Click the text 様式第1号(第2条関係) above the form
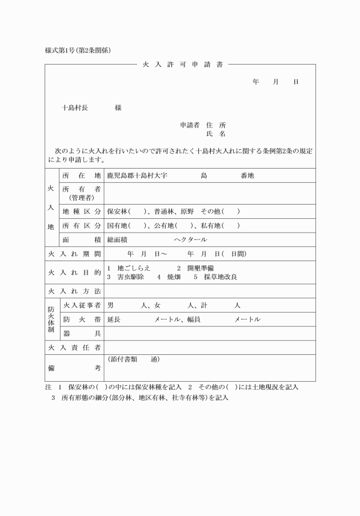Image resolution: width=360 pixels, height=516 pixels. (78, 50)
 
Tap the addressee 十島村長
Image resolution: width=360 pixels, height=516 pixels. (75, 107)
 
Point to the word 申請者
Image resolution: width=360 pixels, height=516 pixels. (190, 125)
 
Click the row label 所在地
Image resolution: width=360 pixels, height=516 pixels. (81, 175)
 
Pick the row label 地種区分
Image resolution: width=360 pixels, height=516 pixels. (81, 211)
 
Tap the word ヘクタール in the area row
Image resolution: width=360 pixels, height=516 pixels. (190, 239)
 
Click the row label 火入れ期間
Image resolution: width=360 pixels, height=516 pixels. (74, 254)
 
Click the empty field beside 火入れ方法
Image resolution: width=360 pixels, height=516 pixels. (209, 291)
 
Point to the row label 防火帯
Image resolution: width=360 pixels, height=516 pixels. (81, 319)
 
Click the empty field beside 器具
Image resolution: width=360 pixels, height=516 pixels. (209, 333)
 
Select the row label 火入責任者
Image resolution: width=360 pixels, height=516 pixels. (74, 347)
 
